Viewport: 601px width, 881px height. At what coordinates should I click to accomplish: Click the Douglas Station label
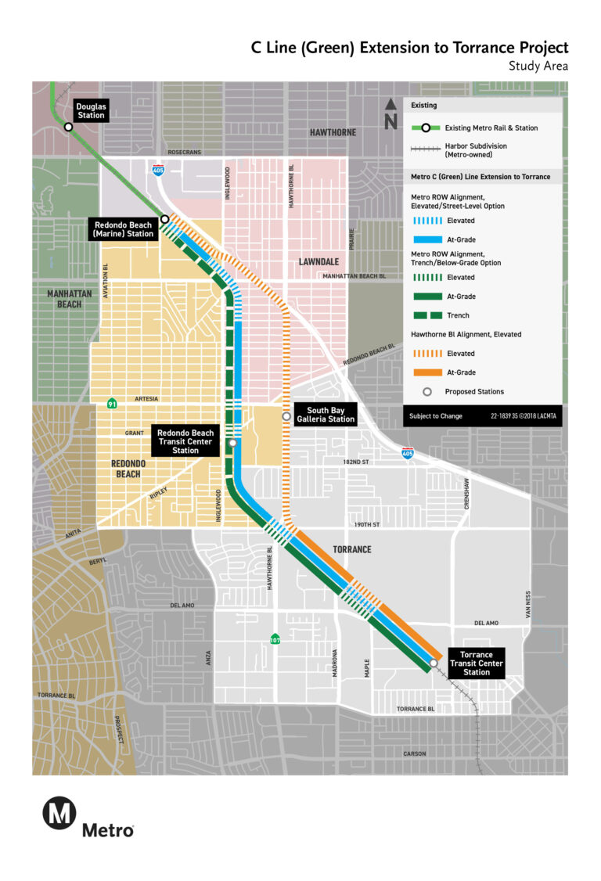[91, 110]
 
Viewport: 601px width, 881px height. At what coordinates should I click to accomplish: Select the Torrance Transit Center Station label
[476, 663]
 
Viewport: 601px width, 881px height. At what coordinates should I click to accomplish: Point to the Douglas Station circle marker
[69, 127]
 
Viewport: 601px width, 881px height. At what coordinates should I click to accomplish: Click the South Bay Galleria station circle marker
[286, 416]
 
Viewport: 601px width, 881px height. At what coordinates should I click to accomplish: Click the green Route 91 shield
[113, 403]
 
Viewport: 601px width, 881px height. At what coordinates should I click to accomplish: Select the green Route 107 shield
[275, 638]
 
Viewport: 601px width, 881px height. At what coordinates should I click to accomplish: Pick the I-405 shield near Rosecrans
[159, 167]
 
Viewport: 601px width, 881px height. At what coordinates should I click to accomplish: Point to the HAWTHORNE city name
[332, 132]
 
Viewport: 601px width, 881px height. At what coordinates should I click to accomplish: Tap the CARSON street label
[415, 753]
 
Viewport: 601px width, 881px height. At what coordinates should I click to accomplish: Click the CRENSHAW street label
[467, 494]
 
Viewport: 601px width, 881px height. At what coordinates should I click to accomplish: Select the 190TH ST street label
[365, 524]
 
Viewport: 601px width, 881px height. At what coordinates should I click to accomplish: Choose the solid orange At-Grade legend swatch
[427, 372]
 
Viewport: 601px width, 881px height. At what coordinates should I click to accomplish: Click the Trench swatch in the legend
[427, 315]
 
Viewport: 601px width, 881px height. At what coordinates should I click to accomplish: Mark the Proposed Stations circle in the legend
[427, 391]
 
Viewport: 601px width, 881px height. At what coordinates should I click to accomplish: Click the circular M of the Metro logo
[59, 813]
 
